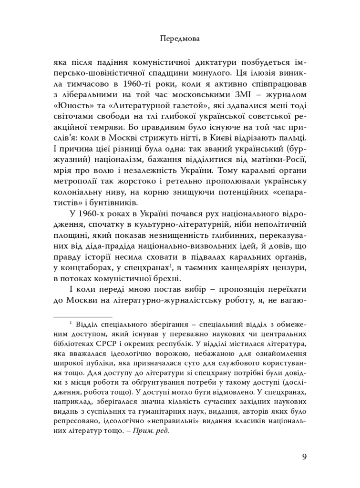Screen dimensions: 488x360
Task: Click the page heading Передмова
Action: [179, 40]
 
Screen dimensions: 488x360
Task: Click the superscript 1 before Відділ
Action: [71, 322]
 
